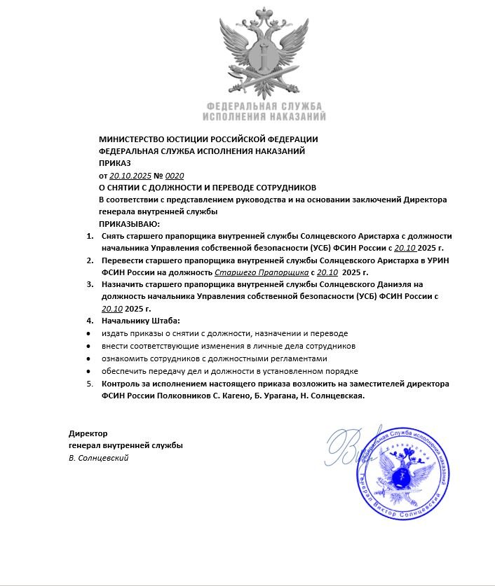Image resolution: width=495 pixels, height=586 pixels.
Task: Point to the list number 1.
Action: point(90,236)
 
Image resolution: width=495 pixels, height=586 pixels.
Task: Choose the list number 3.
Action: point(90,284)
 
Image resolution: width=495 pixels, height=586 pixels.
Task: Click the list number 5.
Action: point(90,384)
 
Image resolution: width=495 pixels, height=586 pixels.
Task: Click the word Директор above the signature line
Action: point(88,433)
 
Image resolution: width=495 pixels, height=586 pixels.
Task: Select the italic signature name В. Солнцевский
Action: point(99,458)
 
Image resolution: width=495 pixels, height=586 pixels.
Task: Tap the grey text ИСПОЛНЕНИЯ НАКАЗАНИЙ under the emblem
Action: point(264,116)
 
